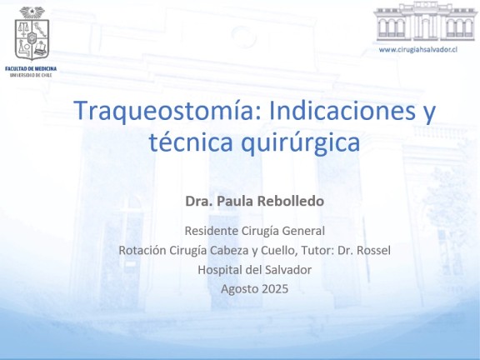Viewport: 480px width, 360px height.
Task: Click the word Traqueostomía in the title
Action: (167, 111)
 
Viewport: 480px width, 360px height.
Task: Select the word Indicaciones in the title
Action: (342, 110)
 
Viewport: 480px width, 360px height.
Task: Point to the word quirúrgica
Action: (300, 144)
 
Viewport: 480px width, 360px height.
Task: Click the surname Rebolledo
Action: (291, 201)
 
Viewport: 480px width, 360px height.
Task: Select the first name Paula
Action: (235, 201)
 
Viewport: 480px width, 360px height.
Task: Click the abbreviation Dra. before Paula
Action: (199, 201)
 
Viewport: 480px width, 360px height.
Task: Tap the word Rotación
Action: (142, 250)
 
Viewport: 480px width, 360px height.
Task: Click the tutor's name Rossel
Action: (373, 250)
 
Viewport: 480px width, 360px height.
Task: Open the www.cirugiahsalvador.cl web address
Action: (417, 50)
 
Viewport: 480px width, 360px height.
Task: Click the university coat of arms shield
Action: (32, 39)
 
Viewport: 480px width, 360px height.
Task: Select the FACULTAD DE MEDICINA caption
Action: (31, 68)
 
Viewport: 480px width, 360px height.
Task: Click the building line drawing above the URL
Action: (426, 21)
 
